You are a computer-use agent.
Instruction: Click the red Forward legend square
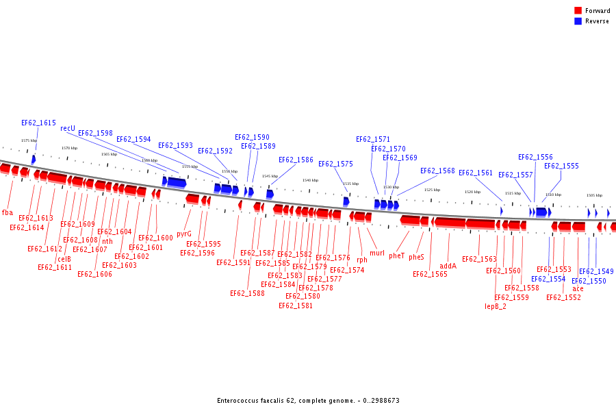click(578, 11)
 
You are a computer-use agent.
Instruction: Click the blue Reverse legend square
click(578, 21)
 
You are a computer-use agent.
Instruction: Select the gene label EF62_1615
click(38, 123)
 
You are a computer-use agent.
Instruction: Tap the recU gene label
click(68, 128)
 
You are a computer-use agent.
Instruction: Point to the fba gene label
click(8, 212)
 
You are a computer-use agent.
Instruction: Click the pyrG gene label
click(184, 234)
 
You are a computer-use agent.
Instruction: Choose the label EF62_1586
click(296, 160)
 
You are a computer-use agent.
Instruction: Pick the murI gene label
click(377, 253)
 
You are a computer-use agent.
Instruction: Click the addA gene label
click(448, 266)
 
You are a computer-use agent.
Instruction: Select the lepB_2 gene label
click(496, 306)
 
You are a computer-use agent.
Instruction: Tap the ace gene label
click(578, 288)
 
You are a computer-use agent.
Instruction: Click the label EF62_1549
click(596, 271)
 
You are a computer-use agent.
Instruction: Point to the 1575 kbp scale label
click(29, 140)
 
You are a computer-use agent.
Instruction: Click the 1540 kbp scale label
click(310, 180)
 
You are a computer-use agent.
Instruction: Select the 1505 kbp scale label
click(594, 195)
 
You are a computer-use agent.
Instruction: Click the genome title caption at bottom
click(308, 401)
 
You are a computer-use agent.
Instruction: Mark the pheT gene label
click(397, 256)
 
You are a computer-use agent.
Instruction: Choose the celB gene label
click(64, 259)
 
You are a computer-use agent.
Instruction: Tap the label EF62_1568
click(437, 171)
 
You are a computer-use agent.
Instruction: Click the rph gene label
click(362, 260)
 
